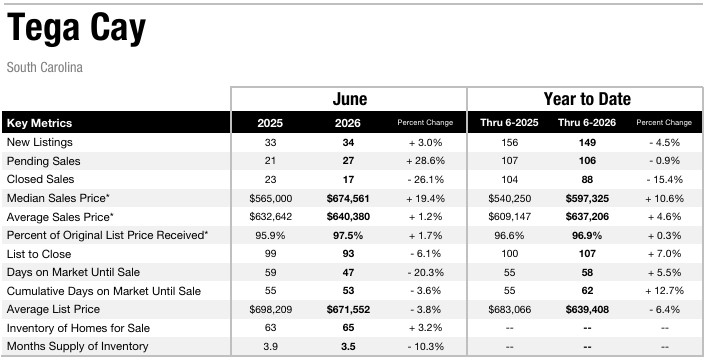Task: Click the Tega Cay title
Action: point(76,29)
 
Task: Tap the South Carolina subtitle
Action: point(45,68)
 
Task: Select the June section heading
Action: point(349,99)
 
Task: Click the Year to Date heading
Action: point(587,99)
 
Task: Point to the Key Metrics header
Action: point(39,123)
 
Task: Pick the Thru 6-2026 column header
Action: point(587,123)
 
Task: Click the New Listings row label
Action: point(40,142)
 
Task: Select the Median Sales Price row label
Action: point(58,198)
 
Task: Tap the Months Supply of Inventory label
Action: point(78,346)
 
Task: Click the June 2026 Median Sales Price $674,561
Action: point(348,198)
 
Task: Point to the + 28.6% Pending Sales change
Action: point(425,161)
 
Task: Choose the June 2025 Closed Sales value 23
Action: point(270,179)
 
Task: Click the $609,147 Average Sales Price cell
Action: point(509,217)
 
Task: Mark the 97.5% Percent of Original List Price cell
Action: point(348,235)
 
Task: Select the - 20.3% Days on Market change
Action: point(425,272)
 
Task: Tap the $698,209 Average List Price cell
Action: point(270,310)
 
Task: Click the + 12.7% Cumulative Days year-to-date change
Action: point(664,291)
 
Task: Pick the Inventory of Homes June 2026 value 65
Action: point(348,328)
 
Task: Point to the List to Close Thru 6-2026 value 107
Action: point(587,254)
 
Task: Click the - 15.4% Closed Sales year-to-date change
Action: point(664,179)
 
